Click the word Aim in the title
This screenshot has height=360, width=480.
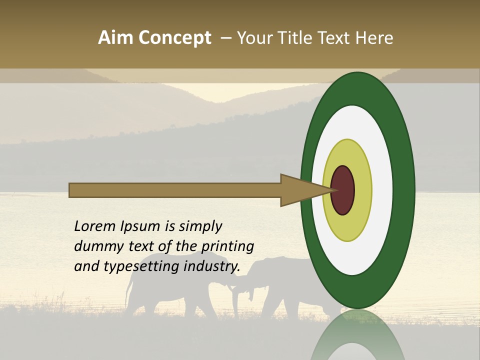tap(116, 38)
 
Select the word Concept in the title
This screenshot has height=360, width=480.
tap(175, 38)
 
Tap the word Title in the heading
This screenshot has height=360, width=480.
tap(296, 38)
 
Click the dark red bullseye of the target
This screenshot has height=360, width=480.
tap(343, 190)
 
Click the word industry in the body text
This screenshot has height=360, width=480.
tap(211, 267)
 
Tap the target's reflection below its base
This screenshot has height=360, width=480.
tap(358, 337)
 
